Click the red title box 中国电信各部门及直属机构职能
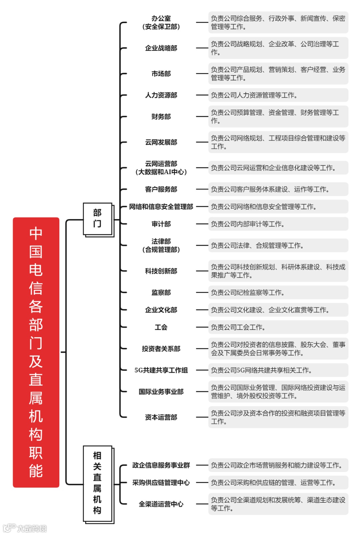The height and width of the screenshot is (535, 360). click(x=36, y=352)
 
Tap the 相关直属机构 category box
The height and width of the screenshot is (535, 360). click(x=97, y=483)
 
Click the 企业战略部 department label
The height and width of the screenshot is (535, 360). click(x=161, y=48)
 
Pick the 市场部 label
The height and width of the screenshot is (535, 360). click(x=161, y=74)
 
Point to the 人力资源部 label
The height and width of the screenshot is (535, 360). click(x=161, y=95)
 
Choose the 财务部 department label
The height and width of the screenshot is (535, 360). click(x=161, y=117)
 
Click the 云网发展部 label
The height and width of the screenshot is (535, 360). click(x=161, y=142)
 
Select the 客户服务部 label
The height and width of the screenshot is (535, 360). click(x=161, y=189)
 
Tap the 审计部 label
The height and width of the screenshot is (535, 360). click(x=161, y=224)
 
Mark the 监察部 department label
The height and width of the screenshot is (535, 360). click(x=161, y=293)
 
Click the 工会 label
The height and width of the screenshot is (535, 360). click(x=161, y=327)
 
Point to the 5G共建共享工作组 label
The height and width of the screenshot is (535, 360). click(x=161, y=370)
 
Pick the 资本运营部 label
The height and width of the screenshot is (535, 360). click(x=161, y=417)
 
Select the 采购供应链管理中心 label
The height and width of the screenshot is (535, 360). click(x=161, y=483)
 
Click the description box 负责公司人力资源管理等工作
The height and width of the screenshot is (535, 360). click(x=278, y=95)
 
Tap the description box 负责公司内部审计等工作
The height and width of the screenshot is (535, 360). click(x=278, y=224)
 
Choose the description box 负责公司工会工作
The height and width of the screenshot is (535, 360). click(x=278, y=327)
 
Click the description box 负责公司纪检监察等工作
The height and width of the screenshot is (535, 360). click(x=278, y=293)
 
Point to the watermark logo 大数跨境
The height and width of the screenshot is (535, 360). click(x=25, y=528)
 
